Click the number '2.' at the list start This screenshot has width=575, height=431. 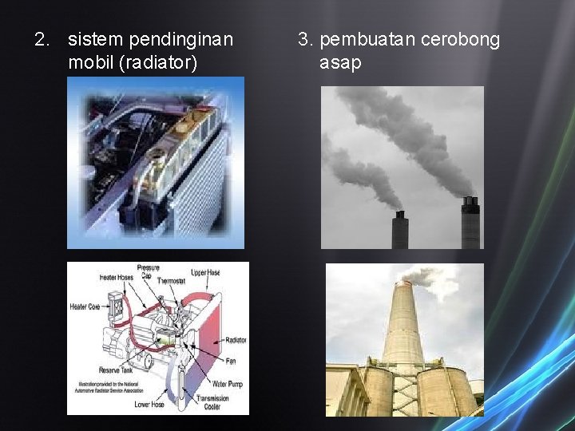click(42, 39)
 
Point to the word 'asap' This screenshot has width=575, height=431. click(340, 62)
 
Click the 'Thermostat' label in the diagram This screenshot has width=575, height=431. click(172, 281)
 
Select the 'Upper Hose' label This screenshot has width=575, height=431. click(205, 272)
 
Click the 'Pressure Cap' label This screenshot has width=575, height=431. click(149, 271)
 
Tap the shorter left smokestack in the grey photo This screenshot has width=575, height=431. click(399, 231)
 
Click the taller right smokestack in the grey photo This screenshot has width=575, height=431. click(470, 223)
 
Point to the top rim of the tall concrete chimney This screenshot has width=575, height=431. click(402, 283)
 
